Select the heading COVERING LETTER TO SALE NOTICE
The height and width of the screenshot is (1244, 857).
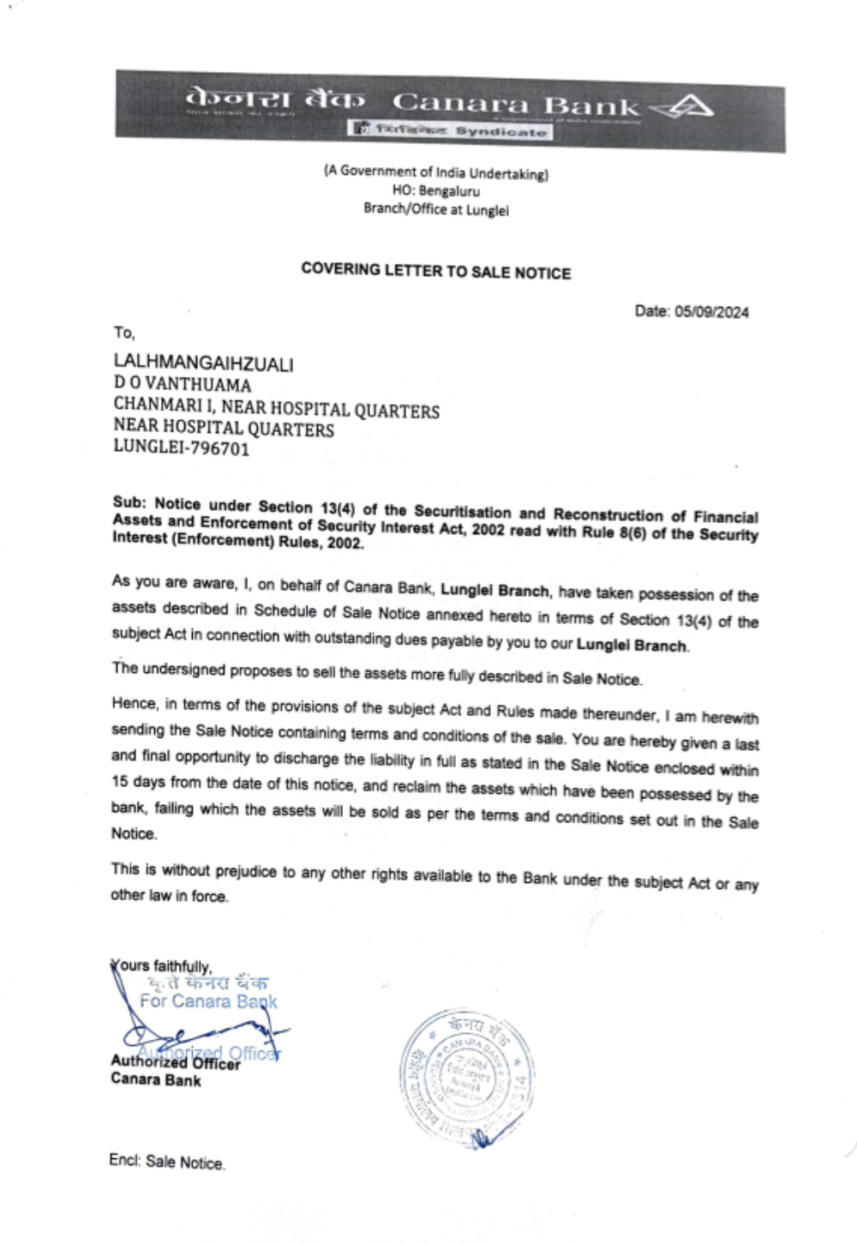pos(435,271)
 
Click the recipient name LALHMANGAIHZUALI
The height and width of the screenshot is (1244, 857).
pos(203,364)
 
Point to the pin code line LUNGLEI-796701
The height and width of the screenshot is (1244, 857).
pos(182,448)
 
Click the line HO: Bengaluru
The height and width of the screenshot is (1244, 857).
pos(435,191)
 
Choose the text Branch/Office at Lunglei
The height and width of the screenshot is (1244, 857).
pos(435,209)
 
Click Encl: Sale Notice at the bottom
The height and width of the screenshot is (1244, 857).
pos(166,1162)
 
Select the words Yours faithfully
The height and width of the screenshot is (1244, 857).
pos(162,966)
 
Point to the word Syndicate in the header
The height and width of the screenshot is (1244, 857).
pos(500,131)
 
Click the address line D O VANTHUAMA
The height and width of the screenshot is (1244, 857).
pos(183,385)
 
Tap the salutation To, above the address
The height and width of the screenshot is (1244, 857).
pos(124,333)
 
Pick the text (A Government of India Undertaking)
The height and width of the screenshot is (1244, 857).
pos(435,172)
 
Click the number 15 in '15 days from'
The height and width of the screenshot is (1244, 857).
pos(120,782)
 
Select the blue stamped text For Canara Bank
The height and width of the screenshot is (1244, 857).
pos(208,1001)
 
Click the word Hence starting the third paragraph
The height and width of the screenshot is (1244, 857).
pos(135,704)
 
